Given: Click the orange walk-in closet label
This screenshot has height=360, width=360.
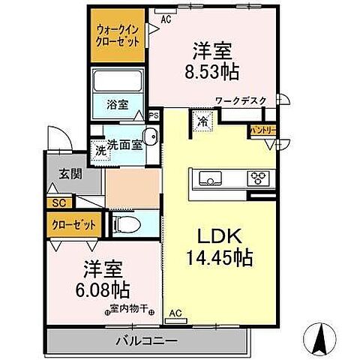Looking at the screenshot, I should coord(117,36).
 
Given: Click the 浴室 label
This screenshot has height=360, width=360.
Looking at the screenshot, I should coord(117,106).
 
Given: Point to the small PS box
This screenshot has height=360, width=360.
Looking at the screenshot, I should coord(154,115).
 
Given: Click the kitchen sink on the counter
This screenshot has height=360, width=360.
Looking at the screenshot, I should coord(208,178).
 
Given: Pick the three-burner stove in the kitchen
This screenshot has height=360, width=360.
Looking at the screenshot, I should coord(259,178).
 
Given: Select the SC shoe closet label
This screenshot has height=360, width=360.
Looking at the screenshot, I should coord(58,202).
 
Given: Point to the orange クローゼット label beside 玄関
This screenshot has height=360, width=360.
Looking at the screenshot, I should coord(72,223).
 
